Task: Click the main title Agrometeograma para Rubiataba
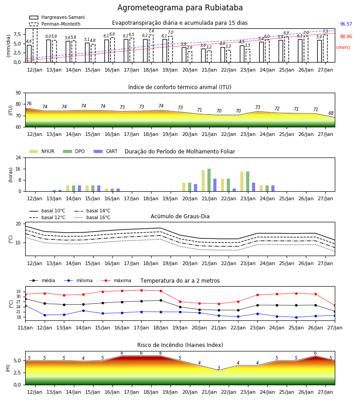180,8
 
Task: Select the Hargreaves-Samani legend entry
57,17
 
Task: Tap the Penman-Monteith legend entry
55,24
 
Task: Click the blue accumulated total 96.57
346,24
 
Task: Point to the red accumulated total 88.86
346,37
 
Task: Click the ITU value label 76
29,103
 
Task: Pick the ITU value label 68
331,113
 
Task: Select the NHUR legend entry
42,151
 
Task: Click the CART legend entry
106,151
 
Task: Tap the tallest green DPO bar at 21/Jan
209,180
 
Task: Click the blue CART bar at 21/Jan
215,185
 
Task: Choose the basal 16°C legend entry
92,217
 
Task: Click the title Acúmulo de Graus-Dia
180,216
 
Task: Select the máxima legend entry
116,280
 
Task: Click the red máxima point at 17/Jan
141,290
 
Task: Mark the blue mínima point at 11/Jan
26,306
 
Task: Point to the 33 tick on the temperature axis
18,291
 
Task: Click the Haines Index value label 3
219,368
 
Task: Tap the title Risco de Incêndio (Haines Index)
180,345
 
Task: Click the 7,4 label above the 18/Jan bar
151,31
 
